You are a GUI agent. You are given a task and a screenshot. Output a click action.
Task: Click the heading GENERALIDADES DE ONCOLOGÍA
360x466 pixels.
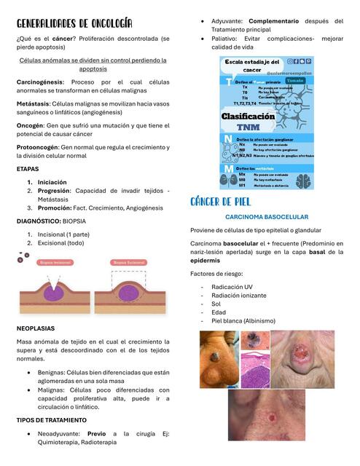click(x=74, y=24)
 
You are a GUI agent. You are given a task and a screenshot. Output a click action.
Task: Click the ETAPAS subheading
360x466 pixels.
click(x=28, y=168)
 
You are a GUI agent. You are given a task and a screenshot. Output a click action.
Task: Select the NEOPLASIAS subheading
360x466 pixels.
click(x=35, y=328)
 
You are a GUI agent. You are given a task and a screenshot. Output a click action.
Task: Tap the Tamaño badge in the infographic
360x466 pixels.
click(x=296, y=80)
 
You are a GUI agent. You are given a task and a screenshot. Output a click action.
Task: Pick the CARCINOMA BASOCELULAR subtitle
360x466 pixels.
click(x=267, y=217)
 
